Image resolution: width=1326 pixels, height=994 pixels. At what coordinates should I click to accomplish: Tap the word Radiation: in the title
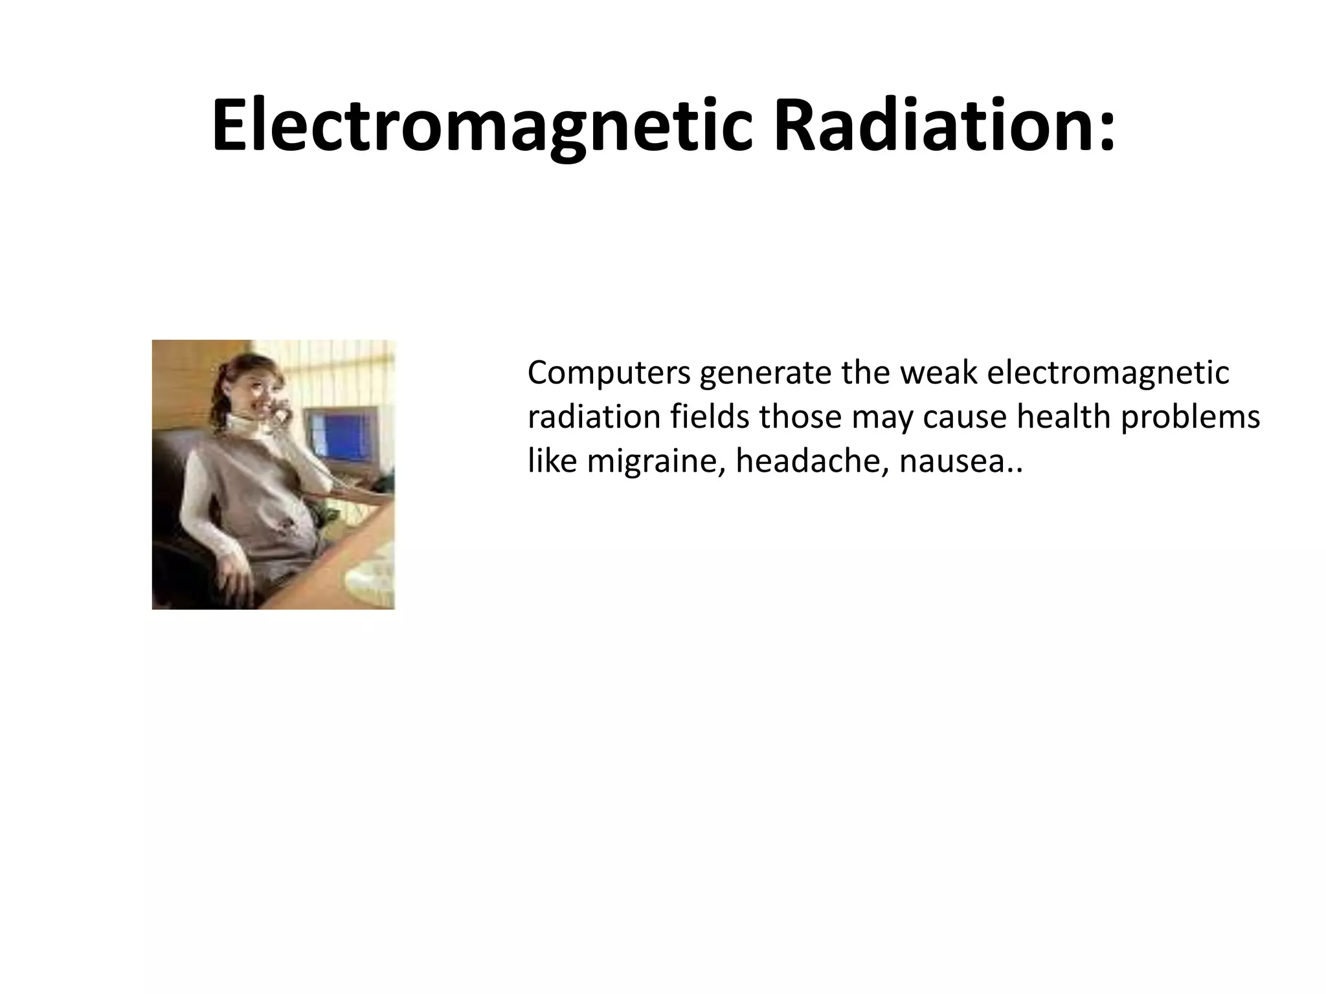(945, 127)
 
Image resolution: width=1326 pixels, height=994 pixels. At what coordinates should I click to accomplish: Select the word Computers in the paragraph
(609, 375)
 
